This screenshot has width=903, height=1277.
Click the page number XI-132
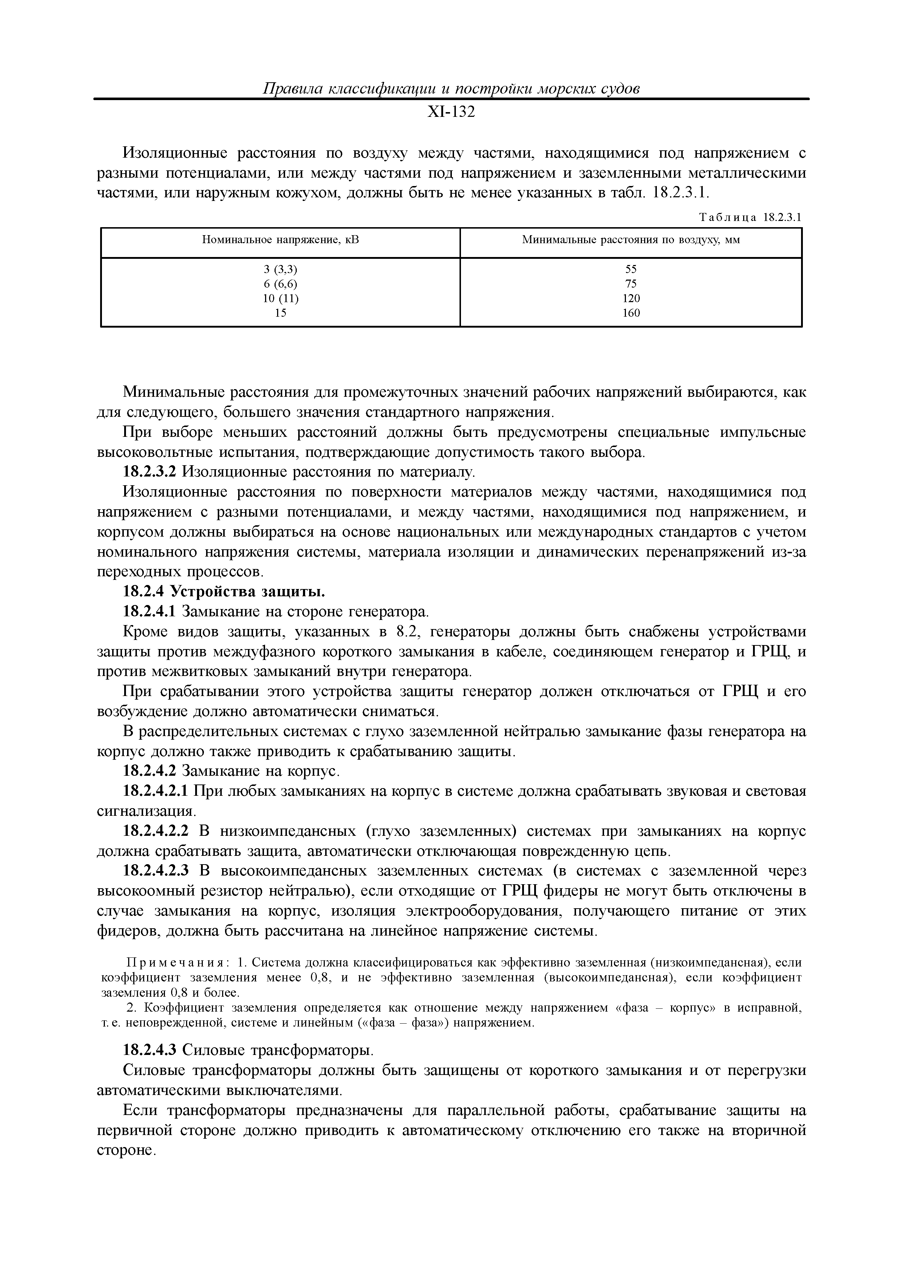coord(451,112)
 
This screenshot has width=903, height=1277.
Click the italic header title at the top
coord(451,88)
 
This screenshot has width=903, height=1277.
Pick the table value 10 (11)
coord(280,298)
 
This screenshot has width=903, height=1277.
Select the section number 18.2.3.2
coord(149,472)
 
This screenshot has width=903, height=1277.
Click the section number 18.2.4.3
coord(149,1050)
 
